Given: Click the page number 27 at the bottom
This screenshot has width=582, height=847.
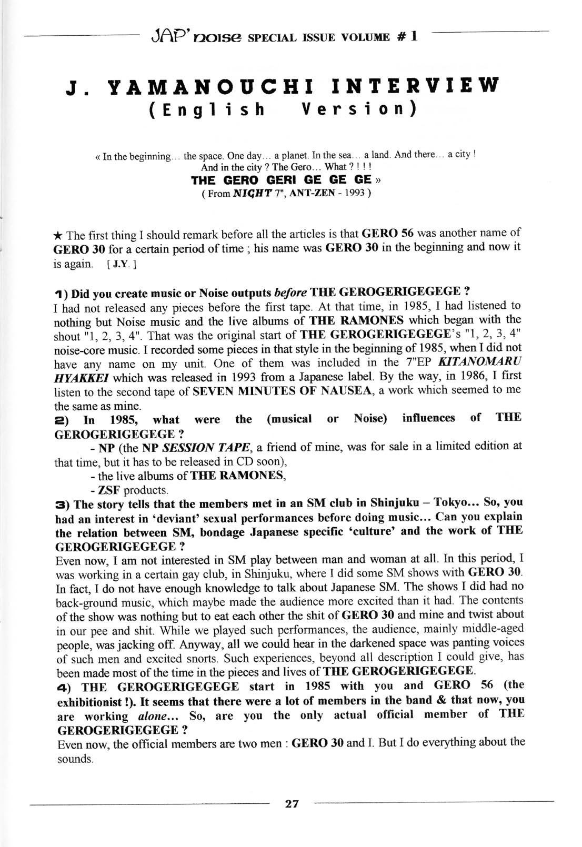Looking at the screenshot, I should (x=292, y=803).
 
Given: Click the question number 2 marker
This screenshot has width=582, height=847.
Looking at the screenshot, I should (x=61, y=420).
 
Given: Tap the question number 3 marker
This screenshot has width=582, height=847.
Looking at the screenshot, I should (x=61, y=505).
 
